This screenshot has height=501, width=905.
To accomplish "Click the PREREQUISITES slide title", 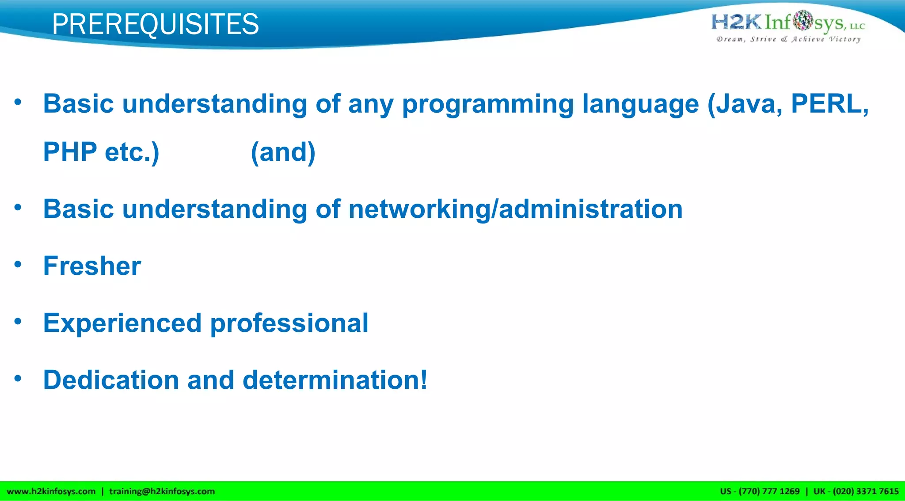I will click(155, 24).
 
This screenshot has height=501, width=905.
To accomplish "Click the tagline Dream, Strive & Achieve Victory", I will click(788, 39).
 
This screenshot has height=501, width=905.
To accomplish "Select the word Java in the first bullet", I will click(748, 104).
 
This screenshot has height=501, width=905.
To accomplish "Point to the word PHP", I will click(70, 152).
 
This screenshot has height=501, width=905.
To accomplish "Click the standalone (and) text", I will click(283, 152).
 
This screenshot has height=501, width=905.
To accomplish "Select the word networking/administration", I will click(515, 209).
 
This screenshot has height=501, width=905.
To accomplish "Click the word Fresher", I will click(92, 266).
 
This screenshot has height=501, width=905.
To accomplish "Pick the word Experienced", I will click(122, 323).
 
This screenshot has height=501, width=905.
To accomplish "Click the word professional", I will click(289, 323).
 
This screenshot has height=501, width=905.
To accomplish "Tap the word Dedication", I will click(110, 380).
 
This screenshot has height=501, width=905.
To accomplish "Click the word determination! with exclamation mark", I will click(335, 380).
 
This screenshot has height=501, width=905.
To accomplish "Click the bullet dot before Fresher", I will click(18, 265).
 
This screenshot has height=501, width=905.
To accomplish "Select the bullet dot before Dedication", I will click(18, 379).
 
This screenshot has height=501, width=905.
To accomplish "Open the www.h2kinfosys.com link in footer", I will click(51, 491).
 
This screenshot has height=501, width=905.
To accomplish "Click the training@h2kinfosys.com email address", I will click(162, 491).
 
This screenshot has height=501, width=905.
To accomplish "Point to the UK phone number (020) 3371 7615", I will click(865, 491).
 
